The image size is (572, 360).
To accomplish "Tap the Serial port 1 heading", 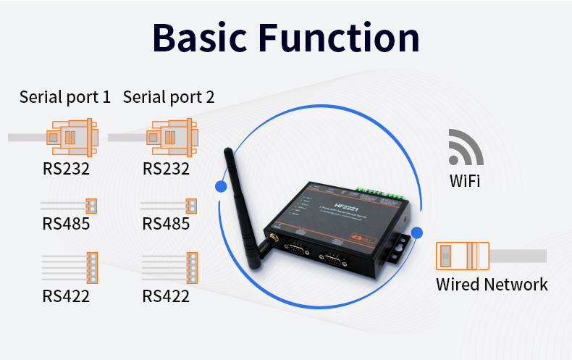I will pos(65,97).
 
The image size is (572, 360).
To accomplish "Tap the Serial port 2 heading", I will pos(169,97).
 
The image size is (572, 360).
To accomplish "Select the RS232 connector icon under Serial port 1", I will pos(70,137).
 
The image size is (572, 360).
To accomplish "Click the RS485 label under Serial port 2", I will pos(166,224).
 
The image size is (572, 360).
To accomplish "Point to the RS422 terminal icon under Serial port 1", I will pos(92,267).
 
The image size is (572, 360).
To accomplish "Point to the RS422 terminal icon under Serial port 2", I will pos(191,267).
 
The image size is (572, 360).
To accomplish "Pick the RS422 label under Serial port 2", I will pos(166,296).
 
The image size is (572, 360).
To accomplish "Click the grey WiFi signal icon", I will pos(464,148).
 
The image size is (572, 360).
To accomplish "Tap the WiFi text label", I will pos(464,180).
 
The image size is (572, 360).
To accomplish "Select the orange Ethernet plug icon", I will pos(460,256).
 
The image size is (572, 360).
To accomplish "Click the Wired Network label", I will pos(492,284).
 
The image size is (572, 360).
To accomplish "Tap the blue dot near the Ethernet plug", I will pos(417,233).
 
